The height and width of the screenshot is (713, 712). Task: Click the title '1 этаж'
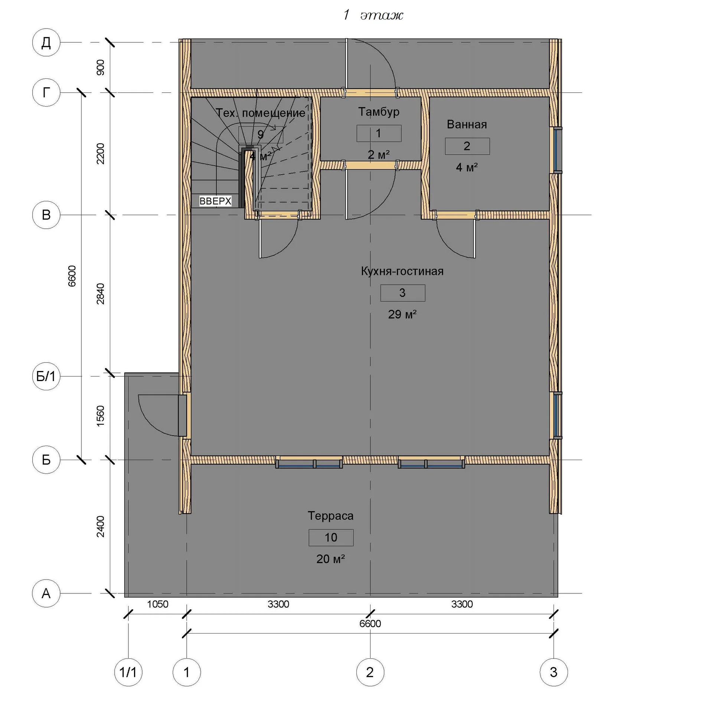373,15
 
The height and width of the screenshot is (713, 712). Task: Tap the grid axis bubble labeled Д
46,42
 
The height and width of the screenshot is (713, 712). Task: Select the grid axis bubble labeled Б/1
46,376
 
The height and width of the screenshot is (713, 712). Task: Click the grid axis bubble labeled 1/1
128,672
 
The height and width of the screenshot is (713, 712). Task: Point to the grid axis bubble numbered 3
553,672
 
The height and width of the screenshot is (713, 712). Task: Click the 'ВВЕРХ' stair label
215,201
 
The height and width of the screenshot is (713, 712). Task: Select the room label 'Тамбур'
379,112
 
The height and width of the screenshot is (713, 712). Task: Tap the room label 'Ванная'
467,124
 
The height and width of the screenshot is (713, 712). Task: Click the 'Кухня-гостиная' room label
402,271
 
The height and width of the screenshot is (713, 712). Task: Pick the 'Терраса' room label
330,516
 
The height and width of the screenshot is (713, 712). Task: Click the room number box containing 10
331,537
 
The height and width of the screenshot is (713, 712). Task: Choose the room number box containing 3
402,293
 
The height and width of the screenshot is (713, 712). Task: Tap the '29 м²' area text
402,314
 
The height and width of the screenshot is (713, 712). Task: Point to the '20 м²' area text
330,559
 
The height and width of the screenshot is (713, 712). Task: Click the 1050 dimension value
157,604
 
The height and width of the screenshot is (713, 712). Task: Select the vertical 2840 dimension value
101,294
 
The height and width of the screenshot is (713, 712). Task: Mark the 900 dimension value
101,67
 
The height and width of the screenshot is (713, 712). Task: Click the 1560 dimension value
101,416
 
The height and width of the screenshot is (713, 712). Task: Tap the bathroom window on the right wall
557,150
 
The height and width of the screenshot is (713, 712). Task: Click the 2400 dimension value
101,526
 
